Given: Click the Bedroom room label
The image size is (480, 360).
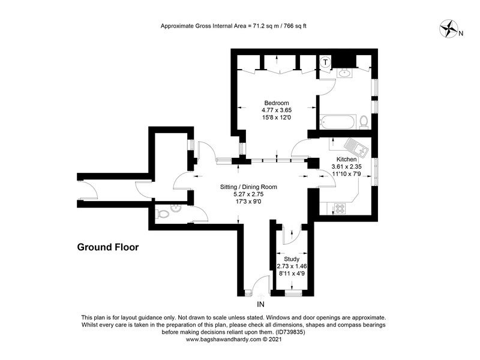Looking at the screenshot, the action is pyautogui.click(x=277, y=103).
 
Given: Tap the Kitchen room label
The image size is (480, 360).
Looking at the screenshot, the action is pyautogui.click(x=347, y=159).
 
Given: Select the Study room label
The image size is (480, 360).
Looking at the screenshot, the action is pyautogui.click(x=292, y=259).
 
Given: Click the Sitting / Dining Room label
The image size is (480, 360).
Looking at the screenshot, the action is pyautogui.click(x=248, y=187).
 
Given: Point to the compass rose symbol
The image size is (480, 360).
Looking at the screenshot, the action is pyautogui.click(x=448, y=29).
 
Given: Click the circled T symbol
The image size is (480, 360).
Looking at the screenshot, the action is pyautogui.click(x=325, y=62).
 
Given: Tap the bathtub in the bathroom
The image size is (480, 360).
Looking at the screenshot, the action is pyautogui.click(x=337, y=122).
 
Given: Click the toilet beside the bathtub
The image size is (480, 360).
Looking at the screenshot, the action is pyautogui.click(x=364, y=122).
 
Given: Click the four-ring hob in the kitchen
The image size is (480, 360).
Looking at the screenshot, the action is pyautogui.click(x=340, y=208).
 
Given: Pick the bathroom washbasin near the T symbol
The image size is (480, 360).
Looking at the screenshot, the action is pyautogui.click(x=346, y=73).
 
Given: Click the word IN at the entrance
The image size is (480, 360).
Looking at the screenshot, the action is pyautogui.click(x=260, y=304).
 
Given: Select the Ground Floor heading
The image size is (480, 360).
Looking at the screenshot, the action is pyautogui.click(x=108, y=247).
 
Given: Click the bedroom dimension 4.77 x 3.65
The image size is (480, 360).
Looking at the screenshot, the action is pyautogui.click(x=277, y=110).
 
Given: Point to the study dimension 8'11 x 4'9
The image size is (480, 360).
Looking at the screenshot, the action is pyautogui.click(x=292, y=274).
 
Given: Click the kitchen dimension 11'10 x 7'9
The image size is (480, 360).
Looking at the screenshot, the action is pyautogui.click(x=347, y=173).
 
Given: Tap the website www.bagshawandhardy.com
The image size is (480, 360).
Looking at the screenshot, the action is pyautogui.click(x=223, y=339).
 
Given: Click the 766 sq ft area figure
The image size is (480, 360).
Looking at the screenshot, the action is pyautogui.click(x=295, y=26).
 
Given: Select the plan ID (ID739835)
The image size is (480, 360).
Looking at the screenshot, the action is pyautogui.click(x=290, y=332).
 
